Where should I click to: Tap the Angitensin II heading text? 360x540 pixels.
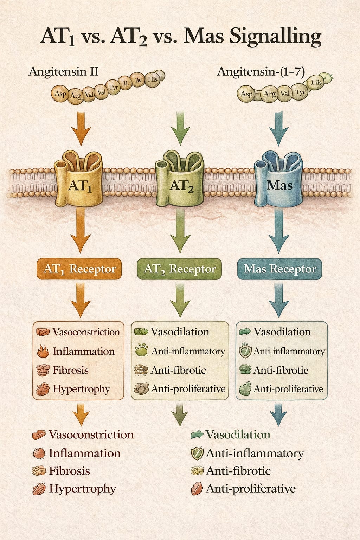63,72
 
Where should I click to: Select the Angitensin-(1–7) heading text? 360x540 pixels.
261,72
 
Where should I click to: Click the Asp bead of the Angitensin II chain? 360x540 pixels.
60,94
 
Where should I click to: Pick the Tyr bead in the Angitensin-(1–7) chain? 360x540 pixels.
300,92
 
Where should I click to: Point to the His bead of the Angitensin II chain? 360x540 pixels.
153,79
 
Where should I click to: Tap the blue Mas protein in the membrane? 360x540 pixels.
279,181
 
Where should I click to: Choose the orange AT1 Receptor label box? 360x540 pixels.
79,269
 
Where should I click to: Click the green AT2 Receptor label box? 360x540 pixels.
180,269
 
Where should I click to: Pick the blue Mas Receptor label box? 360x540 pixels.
280,269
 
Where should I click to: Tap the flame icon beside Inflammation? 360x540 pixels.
43,351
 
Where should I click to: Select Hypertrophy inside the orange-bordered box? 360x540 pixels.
81,389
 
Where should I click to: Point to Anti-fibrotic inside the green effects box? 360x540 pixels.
178,370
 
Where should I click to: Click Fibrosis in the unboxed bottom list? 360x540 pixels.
69,471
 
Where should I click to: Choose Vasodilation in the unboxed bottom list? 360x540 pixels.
238,435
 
